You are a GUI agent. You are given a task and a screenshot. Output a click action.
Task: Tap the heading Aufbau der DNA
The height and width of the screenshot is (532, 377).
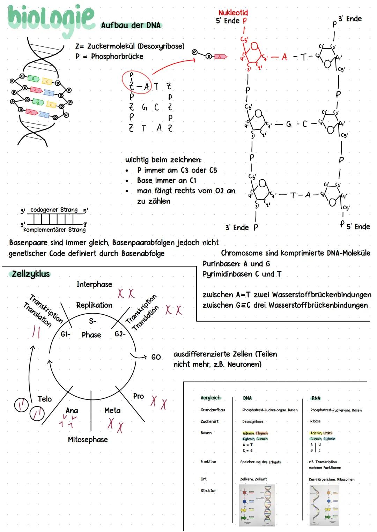(131, 25)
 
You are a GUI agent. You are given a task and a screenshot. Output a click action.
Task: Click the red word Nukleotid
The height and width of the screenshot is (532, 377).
(233, 13)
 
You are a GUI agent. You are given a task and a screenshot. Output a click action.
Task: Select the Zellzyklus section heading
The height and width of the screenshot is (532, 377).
(31, 274)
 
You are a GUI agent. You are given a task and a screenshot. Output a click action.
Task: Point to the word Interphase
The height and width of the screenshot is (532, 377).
(94, 284)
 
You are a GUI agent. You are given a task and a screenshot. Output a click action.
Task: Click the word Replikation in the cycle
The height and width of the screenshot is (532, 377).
(94, 305)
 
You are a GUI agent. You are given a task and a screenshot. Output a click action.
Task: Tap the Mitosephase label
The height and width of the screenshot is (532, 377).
(88, 440)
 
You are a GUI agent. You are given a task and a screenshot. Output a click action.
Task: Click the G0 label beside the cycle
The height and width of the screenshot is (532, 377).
(156, 357)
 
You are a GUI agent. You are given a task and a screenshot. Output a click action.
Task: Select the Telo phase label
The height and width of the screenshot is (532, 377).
(44, 399)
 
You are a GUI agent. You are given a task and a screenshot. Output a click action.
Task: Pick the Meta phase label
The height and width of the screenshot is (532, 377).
(112, 411)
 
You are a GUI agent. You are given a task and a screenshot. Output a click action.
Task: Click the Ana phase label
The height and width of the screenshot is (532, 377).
(72, 411)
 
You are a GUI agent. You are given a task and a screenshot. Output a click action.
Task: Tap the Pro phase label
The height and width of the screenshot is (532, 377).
(138, 396)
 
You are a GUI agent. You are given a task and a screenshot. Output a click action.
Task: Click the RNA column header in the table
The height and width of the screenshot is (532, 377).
(316, 398)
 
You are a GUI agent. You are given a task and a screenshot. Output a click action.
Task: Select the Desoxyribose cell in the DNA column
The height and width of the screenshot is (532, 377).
(253, 421)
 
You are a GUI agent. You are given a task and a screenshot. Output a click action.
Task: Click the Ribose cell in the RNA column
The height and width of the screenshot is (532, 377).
(315, 421)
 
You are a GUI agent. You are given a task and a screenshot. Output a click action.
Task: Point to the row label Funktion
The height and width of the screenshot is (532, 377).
(208, 462)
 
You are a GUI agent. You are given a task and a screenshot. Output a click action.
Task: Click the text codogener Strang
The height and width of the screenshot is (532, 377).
(54, 210)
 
